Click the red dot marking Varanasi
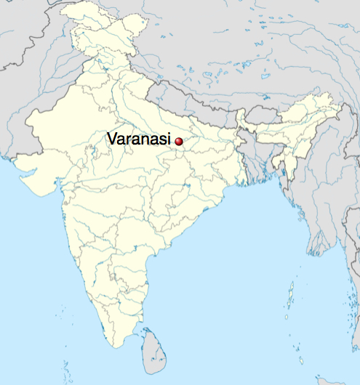(x=179, y=142)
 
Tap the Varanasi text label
(x=140, y=138)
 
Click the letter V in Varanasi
(x=112, y=138)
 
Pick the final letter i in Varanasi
(x=171, y=138)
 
